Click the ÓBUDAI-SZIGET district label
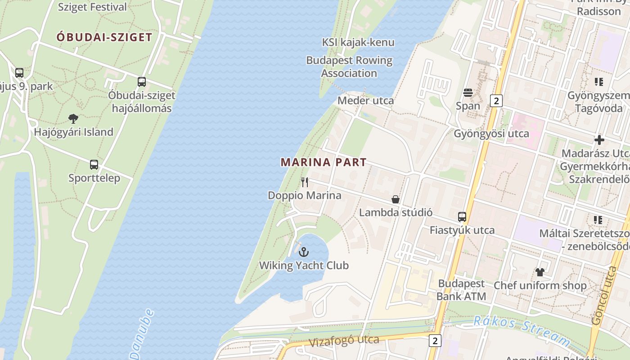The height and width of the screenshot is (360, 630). pos(104,37)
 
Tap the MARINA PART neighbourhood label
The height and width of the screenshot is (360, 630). pos(324,162)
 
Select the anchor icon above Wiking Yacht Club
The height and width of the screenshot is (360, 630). pos(304,252)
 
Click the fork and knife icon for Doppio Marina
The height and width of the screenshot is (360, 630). pos(305,182)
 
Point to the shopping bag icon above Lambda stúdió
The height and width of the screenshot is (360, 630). pos(396,199)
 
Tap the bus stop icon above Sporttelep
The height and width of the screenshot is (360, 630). pos(94,165)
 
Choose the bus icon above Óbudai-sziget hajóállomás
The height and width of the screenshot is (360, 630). pos(142,82)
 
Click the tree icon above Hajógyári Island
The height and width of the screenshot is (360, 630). pos(73,119)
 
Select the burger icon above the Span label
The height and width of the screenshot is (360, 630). pos(468,93)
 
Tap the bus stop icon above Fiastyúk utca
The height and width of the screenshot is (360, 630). pos(462,217)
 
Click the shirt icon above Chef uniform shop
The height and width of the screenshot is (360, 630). pos(540,272)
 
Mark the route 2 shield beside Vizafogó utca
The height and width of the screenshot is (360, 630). pos(435,341)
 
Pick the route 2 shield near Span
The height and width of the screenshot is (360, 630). pos(496,101)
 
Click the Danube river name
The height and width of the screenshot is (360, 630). pos(144,333)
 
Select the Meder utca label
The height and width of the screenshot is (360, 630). pos(365,100)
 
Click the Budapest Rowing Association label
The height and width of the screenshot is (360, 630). pos(349,67)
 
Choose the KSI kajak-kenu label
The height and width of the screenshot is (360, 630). pos(358,42)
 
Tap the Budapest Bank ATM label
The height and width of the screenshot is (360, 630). pos(462,290)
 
